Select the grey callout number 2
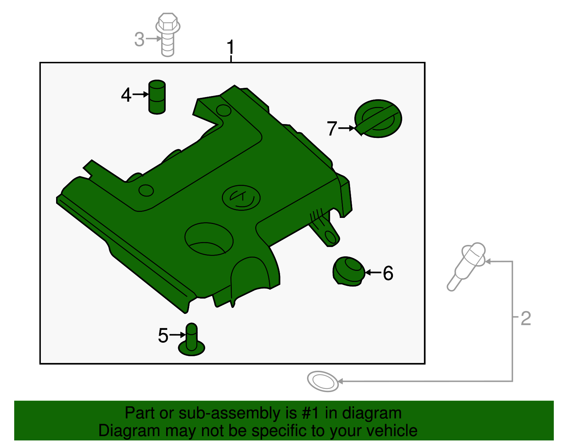(x=526, y=319)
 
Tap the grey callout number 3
(x=139, y=39)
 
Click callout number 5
(x=163, y=336)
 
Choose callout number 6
(x=388, y=273)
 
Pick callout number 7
(x=332, y=128)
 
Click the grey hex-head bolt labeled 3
(x=168, y=34)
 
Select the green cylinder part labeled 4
(x=157, y=97)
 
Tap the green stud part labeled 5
(x=191, y=340)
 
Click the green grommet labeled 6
(x=349, y=271)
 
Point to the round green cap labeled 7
(x=378, y=118)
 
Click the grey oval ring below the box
(x=323, y=381)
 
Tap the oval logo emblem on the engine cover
(x=241, y=198)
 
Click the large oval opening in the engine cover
(x=209, y=239)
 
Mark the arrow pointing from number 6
(x=373, y=273)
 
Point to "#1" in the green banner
(x=310, y=413)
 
